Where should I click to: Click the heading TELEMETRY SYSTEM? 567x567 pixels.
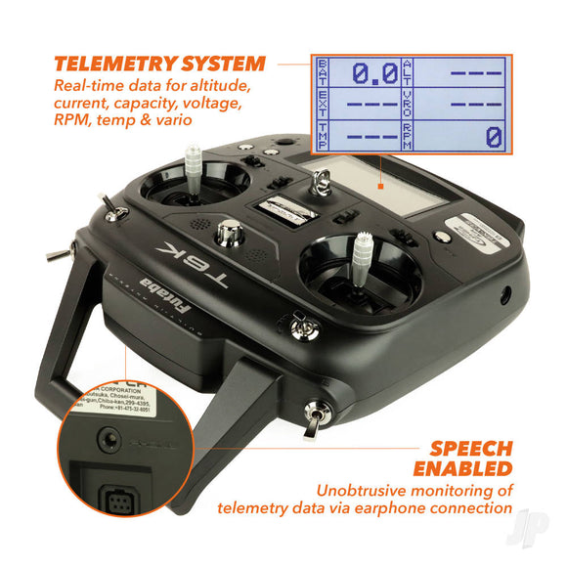[x=159, y=65]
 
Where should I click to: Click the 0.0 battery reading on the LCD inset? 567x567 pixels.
[x=373, y=71]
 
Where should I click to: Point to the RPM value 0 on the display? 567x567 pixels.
[x=494, y=136]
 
